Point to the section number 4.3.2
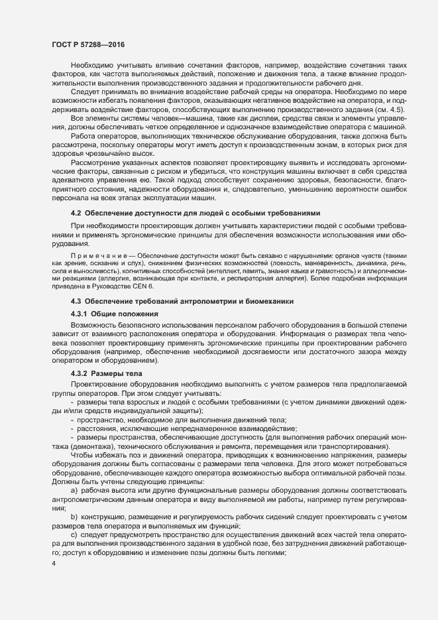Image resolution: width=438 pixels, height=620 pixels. tap(80, 374)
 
